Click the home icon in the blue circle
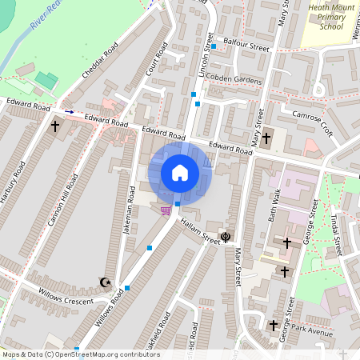(180, 173)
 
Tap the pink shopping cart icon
(166, 210)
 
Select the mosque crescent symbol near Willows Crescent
(103, 282)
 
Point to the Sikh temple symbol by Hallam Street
(226, 236)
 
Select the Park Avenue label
(311, 330)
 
